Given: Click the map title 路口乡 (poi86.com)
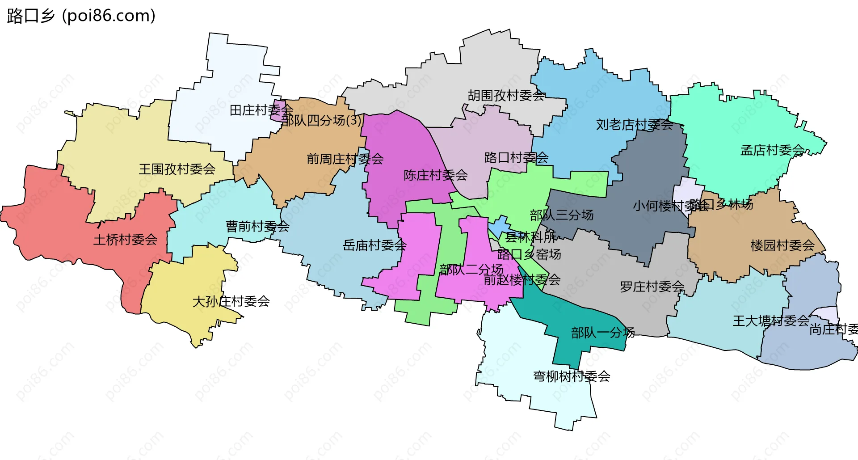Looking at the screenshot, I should [81, 16].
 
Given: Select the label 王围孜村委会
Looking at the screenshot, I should [177, 169].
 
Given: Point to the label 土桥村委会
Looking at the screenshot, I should [125, 240].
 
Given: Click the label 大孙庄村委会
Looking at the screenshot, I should [231, 301].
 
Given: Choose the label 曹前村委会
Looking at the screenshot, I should [257, 226].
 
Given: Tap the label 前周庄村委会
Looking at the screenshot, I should [345, 159].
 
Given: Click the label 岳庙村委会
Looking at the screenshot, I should [374, 245].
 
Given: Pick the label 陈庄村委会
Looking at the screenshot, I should [435, 175].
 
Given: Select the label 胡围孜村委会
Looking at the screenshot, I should [506, 95].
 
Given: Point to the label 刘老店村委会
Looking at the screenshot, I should [634, 125].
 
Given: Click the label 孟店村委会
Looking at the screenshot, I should [772, 150].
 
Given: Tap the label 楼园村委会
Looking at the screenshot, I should [782, 245].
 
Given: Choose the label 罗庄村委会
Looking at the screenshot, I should [652, 287].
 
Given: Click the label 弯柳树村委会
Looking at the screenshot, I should [571, 376].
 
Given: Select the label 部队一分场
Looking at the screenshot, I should [602, 333].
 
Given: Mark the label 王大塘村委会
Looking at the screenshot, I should [770, 321].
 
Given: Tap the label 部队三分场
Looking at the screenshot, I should [561, 215].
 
